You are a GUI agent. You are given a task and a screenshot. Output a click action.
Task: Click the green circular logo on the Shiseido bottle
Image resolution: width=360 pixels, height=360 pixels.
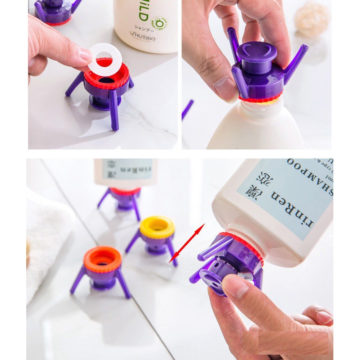159,23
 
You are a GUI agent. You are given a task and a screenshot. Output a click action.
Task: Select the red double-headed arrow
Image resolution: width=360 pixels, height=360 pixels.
187,243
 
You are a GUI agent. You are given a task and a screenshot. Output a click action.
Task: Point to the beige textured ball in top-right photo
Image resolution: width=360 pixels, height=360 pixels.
312,19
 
